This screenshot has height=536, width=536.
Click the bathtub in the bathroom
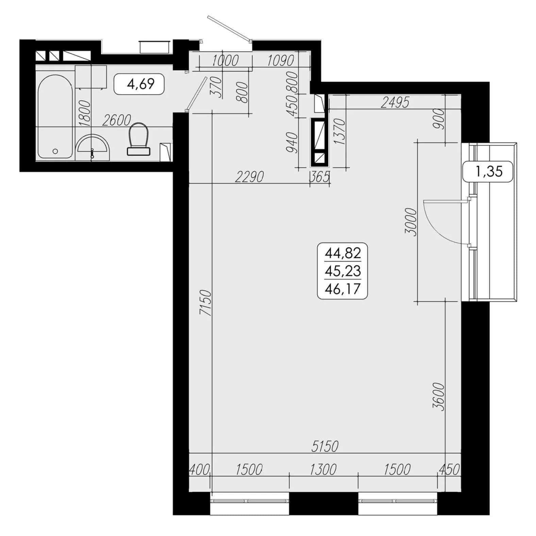55,116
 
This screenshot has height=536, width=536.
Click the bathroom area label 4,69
140,84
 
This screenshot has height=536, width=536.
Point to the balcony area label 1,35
489,171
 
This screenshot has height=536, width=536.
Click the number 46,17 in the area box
342,289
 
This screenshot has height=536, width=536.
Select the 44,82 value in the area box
342,253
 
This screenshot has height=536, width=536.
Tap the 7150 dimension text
206,302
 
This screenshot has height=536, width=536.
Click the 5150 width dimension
325,447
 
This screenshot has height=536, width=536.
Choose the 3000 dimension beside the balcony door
411,222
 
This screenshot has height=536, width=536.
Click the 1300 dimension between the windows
323,470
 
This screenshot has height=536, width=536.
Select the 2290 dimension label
250,177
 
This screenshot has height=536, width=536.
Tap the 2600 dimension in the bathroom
116,120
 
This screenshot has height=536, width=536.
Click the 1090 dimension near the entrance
280,61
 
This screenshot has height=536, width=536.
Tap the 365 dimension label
320,177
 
